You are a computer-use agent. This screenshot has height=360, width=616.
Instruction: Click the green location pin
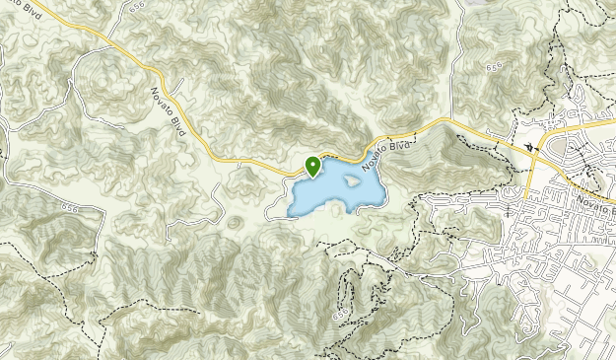(312, 166)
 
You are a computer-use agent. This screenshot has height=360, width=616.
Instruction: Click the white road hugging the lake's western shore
(282, 197)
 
